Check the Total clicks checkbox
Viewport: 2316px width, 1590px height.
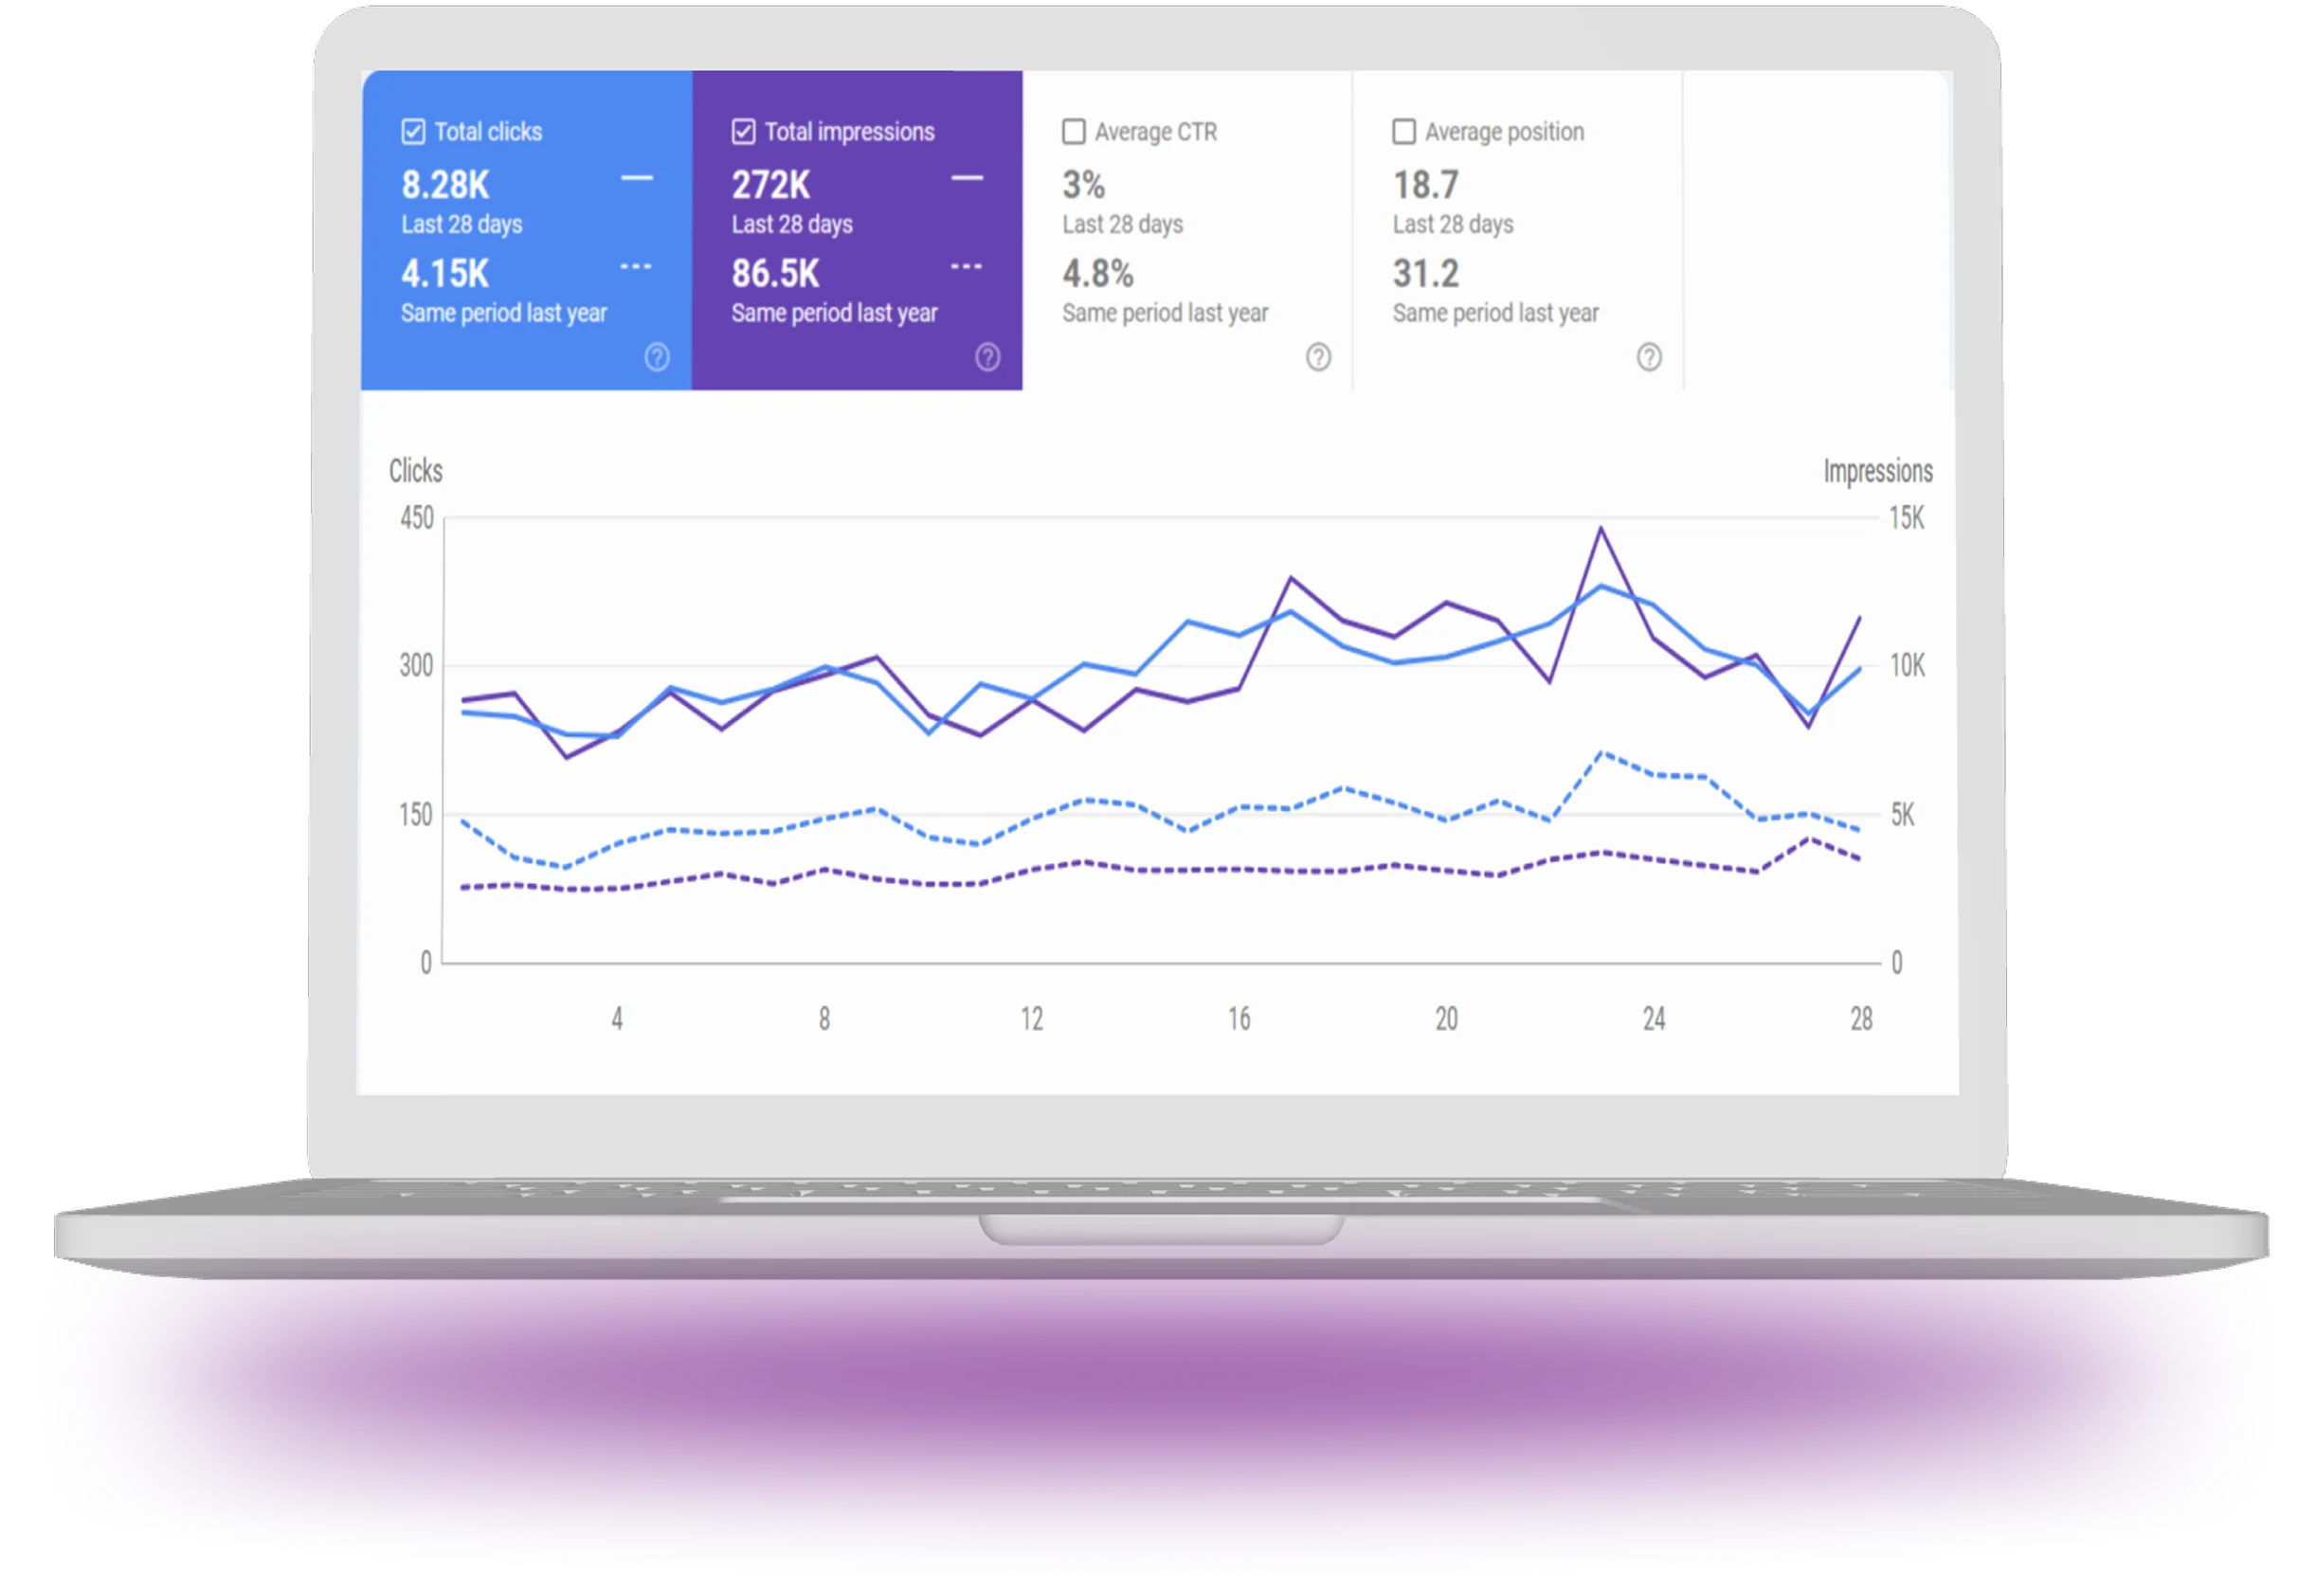tap(413, 132)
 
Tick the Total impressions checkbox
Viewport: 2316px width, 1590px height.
tap(744, 132)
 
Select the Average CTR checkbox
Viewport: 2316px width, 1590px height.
tap(1074, 132)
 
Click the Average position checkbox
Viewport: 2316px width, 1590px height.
tap(1403, 132)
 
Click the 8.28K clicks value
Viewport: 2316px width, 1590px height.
tap(445, 186)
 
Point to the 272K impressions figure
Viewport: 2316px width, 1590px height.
tap(771, 186)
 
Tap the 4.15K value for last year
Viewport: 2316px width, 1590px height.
tap(445, 274)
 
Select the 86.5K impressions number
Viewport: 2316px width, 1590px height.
tap(775, 274)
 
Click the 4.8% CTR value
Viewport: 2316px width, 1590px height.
tap(1098, 274)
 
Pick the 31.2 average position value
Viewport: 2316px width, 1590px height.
tap(1426, 274)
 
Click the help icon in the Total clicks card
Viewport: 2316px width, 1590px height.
tap(657, 356)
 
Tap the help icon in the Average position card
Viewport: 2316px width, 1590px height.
tap(1649, 356)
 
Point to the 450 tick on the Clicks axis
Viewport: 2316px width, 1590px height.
tap(417, 518)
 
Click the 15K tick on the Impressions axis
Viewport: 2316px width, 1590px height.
tap(1907, 518)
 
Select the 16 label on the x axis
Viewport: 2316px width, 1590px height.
tap(1239, 1020)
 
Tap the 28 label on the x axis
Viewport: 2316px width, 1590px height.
tap(1860, 1020)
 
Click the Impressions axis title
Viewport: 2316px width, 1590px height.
tap(1877, 471)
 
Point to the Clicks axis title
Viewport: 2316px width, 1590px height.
tap(416, 471)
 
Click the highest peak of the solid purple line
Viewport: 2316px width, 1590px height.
tap(1601, 528)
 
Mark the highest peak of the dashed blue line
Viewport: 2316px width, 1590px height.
tap(1602, 752)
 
